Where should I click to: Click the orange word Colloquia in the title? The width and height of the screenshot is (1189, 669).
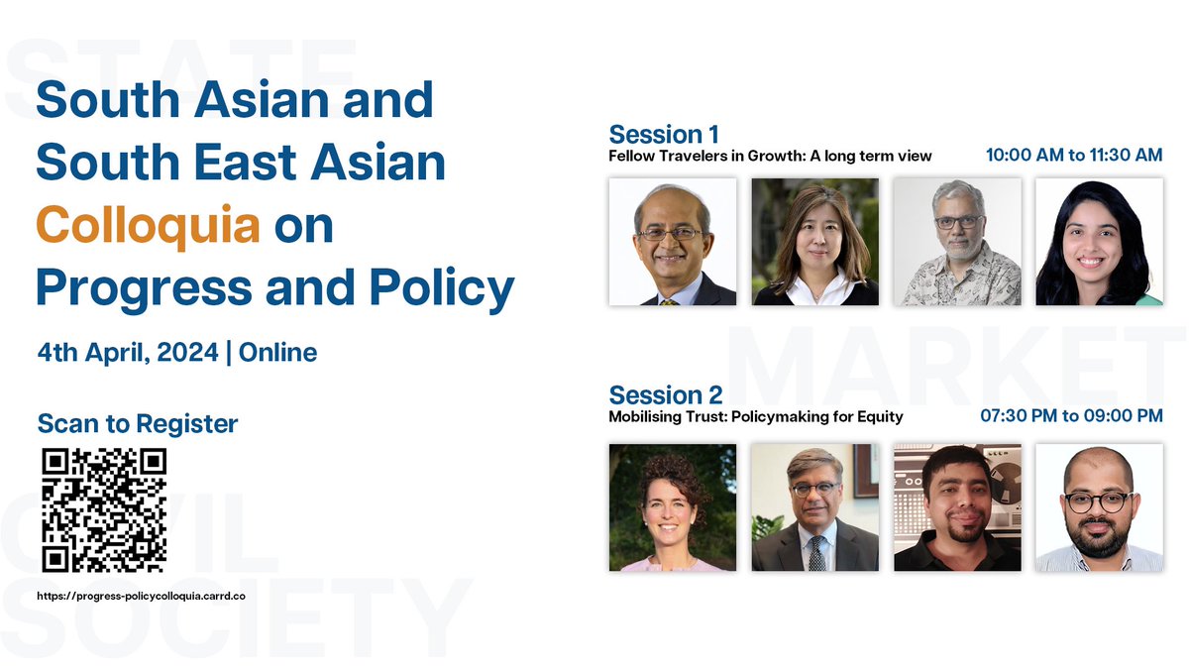click(148, 226)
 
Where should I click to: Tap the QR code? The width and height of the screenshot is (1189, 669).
click(104, 510)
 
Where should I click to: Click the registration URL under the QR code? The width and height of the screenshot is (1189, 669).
click(141, 596)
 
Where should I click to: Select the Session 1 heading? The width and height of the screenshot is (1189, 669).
click(664, 135)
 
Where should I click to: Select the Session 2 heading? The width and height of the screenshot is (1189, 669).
click(666, 395)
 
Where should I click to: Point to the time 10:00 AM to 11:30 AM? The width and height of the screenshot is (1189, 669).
click(1073, 156)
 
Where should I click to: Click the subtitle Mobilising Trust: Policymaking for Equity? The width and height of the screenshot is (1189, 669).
click(756, 416)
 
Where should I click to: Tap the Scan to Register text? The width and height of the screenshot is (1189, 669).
click(138, 424)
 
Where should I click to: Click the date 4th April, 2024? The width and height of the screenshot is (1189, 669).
click(127, 352)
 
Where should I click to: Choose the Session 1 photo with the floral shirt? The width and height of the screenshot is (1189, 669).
click(957, 242)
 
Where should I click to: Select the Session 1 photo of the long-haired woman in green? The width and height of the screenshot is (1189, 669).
click(1099, 242)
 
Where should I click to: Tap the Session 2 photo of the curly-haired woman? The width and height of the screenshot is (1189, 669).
click(673, 506)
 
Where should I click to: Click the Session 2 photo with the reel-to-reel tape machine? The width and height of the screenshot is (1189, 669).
click(957, 506)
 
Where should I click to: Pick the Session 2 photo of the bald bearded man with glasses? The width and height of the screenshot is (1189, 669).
click(1099, 506)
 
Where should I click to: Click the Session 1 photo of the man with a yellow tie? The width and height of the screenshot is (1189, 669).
click(673, 242)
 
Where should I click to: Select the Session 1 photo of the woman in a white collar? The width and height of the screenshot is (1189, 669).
click(814, 242)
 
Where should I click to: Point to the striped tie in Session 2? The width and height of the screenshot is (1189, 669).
click(815, 553)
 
